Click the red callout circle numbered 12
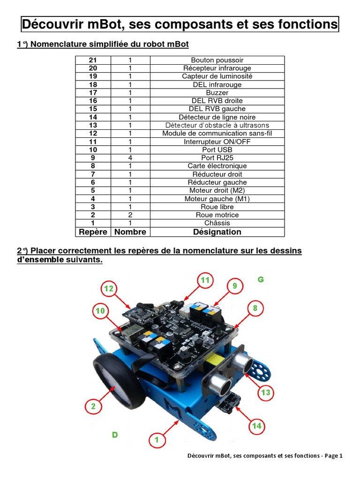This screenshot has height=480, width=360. [x=109, y=289]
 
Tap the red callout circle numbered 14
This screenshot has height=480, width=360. [x=256, y=426]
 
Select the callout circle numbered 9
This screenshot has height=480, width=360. [x=235, y=285]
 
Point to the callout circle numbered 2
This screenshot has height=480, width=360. [x=93, y=406]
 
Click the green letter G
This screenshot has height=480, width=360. [x=261, y=280]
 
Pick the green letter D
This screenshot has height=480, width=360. [x=114, y=435]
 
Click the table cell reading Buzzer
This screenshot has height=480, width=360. [x=217, y=93]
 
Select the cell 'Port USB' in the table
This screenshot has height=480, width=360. [x=217, y=150]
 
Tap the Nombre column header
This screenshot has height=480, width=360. [x=130, y=232]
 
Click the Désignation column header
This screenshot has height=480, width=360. [x=217, y=232]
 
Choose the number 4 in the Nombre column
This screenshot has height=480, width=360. [x=130, y=158]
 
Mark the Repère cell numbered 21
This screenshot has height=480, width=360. [x=93, y=60]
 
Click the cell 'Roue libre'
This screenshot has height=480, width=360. [x=217, y=207]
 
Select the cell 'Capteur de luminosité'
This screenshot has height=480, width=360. [x=217, y=76]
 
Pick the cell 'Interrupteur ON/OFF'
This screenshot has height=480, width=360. [x=217, y=142]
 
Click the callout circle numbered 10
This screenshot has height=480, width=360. [x=101, y=311]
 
